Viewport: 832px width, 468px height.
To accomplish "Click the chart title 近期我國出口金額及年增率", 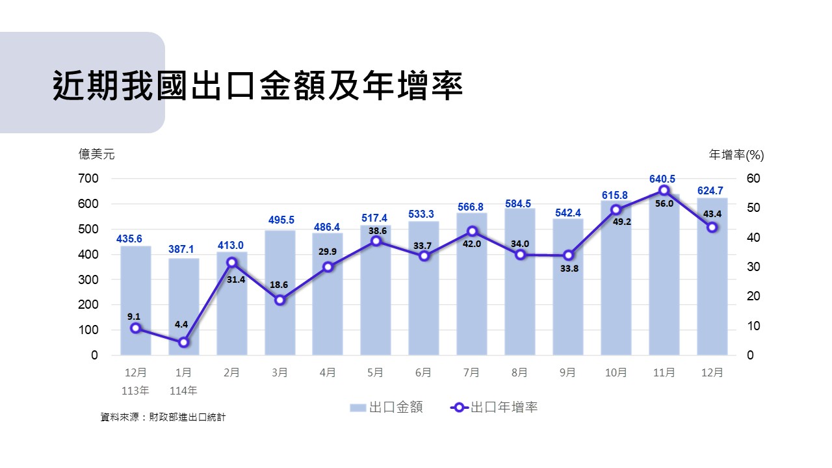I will coord(257,85).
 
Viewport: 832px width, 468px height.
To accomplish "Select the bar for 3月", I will coord(279,292).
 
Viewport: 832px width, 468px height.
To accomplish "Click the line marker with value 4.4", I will coord(184,342).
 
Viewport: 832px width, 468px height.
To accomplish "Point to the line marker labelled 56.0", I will coord(664,190).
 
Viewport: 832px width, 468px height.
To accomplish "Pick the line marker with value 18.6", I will coord(279,300).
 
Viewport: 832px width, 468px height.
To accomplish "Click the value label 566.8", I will coord(471,207).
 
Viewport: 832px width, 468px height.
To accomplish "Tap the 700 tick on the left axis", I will coord(89,179).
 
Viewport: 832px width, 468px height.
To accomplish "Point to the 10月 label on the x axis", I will coord(616,372).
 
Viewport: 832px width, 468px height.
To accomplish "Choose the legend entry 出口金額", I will coord(387,408).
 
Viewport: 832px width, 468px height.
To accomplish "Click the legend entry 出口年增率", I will coord(494,408).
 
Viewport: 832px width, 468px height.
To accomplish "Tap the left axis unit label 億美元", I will coord(96,154).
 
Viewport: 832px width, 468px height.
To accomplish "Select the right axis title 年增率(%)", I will coord(736,155).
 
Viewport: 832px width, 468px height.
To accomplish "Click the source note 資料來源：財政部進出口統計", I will coord(162,417).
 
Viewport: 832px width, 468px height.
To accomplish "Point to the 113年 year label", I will coord(135,391).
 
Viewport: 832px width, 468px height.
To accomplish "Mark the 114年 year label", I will coord(183,391).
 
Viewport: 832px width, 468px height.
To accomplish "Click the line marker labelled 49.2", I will coord(616,210).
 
